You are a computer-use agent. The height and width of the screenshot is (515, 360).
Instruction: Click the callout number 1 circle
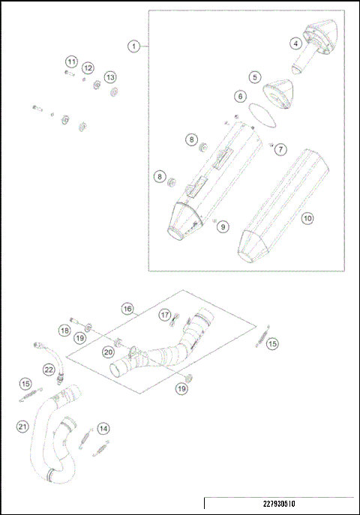click(133, 46)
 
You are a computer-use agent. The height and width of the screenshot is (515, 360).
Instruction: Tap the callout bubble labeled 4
click(298, 44)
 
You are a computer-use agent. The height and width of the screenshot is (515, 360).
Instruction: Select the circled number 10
click(307, 219)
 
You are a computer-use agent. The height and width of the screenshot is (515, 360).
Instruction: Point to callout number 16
click(127, 309)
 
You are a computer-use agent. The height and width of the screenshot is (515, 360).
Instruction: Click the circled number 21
click(22, 427)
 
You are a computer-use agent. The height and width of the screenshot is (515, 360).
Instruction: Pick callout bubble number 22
click(48, 369)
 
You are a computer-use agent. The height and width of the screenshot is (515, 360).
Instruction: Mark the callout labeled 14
click(103, 428)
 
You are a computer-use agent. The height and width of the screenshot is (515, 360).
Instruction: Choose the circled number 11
click(70, 61)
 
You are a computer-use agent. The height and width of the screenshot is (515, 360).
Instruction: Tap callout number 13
click(110, 76)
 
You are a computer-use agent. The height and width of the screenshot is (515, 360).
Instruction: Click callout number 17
click(163, 316)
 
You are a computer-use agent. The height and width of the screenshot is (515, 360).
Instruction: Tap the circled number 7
click(280, 149)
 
